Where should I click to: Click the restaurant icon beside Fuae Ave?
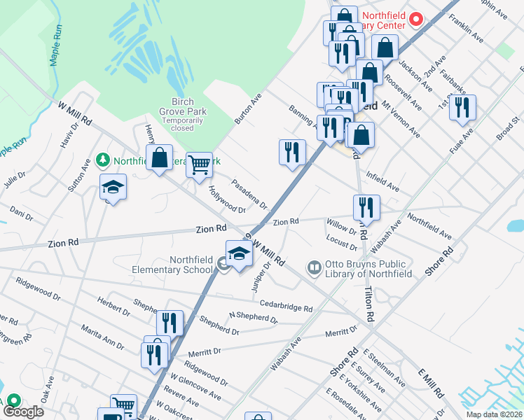pyautogui.click(x=462, y=107)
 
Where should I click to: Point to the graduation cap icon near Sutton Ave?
pyautogui.click(x=113, y=187)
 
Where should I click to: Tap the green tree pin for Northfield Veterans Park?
pyautogui.click(x=103, y=160)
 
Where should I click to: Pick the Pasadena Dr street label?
pyautogui.click(x=250, y=194)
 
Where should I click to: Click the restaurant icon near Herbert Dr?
pyautogui.click(x=170, y=323)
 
